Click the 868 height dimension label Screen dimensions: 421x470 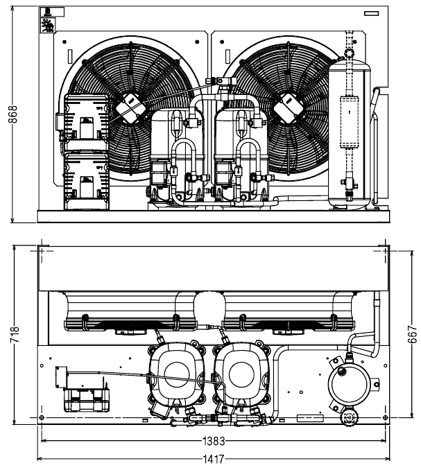click(x=12, y=114)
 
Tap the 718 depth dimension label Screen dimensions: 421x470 click(x=15, y=334)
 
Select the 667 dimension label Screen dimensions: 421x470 click(x=413, y=333)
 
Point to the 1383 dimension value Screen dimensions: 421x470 click(x=214, y=441)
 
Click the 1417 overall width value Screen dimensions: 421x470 click(x=214, y=459)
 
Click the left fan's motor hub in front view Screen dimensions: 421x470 click(x=130, y=108)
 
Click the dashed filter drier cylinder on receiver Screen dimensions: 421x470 click(x=349, y=122)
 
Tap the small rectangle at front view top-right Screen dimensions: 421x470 click(x=371, y=13)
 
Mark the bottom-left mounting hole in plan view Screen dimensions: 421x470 click(x=42, y=417)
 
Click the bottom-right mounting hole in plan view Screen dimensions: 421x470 click(x=386, y=417)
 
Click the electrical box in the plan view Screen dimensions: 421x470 click(x=87, y=400)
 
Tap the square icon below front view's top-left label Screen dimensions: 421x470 click(x=48, y=24)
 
